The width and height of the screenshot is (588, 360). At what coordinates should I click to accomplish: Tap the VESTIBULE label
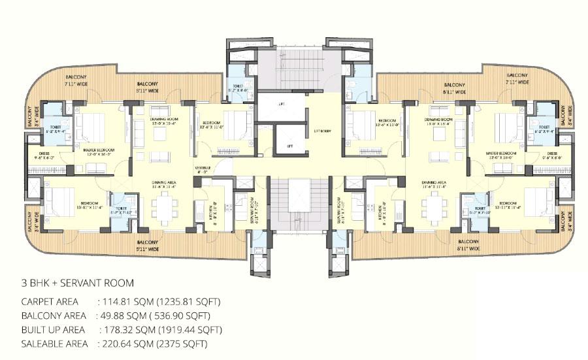[202, 170]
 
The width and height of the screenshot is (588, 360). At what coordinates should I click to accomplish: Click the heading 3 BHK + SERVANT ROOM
[78, 283]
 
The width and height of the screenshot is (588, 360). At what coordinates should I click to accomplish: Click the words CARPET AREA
[50, 302]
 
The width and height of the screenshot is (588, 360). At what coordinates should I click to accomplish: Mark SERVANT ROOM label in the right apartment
[342, 208]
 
